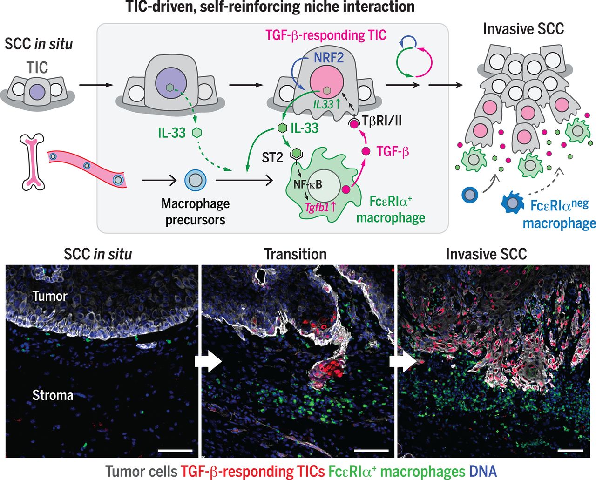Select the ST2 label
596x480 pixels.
pyautogui.click(x=272, y=157)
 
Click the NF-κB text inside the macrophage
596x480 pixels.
pyautogui.click(x=308, y=184)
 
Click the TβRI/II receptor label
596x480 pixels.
pyautogui.click(x=382, y=121)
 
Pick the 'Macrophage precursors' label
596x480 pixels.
pyautogui.click(x=196, y=211)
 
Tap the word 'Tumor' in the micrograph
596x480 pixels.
pyautogui.click(x=50, y=296)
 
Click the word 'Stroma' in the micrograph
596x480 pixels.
pyautogui.click(x=53, y=395)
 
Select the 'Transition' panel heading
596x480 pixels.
pyautogui.click(x=295, y=254)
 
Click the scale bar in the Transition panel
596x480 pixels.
pyautogui.click(x=371, y=450)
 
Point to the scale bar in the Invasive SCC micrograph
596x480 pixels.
pyautogui.click(x=569, y=450)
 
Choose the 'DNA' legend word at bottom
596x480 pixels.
pyautogui.click(x=483, y=471)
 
